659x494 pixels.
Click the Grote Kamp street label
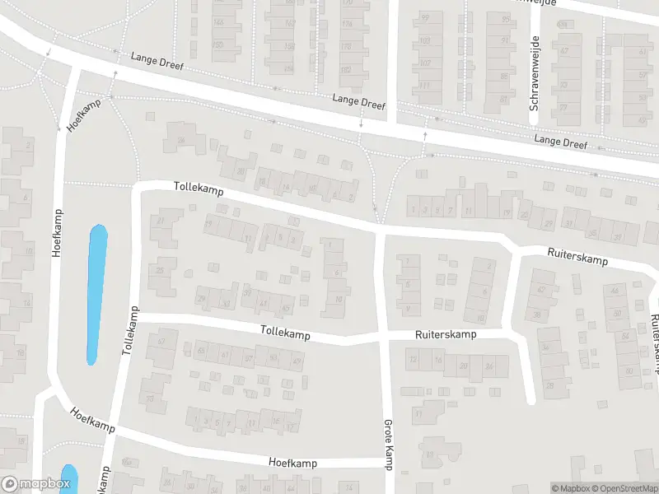coord(387,445)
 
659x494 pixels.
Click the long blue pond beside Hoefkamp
coord(97,295)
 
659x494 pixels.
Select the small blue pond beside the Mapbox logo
coord(68,478)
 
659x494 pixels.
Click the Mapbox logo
coord(35,485)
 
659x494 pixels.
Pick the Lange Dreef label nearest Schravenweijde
coord(560,142)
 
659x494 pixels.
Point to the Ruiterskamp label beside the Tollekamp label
coord(446,335)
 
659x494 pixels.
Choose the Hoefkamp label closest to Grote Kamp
coord(292,463)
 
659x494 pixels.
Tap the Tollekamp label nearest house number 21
coord(199,188)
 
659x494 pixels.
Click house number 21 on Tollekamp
coord(160,221)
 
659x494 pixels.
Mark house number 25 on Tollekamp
coord(160,270)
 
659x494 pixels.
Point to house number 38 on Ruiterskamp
coord(536,315)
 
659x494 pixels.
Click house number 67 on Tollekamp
coord(161,340)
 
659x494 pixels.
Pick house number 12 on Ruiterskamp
coord(413,359)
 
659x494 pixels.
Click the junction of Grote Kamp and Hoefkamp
coord(389,464)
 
